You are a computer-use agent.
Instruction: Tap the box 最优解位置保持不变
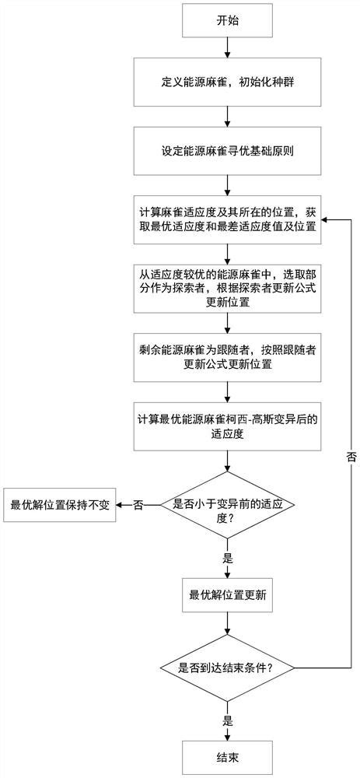pos(59,504)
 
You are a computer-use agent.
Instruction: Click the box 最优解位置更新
pos(226,595)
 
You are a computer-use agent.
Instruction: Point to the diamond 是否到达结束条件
pos(226,668)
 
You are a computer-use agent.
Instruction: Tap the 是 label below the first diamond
pos(228,558)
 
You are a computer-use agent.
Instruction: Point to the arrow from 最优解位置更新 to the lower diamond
pos(226,627)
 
